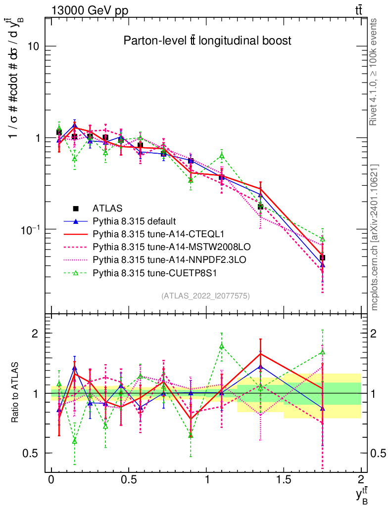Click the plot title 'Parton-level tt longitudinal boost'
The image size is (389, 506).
[x=207, y=41]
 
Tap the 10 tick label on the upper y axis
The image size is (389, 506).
[x=33, y=46]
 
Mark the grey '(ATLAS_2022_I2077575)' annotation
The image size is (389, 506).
[x=205, y=296]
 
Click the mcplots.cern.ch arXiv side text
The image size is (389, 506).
[x=375, y=237]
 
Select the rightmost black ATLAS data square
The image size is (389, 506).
[x=322, y=257]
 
